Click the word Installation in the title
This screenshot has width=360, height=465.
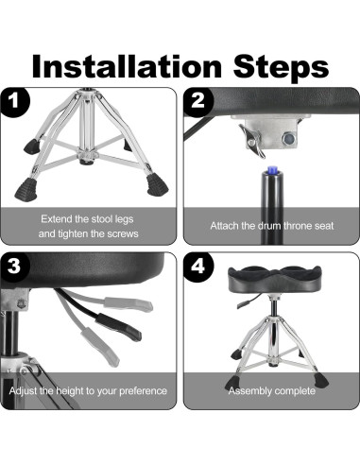127,66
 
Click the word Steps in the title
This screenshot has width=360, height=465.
281,67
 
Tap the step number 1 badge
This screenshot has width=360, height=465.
14,102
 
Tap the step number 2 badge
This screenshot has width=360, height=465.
198,102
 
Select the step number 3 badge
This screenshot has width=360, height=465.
14,267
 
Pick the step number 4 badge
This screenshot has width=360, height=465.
198,267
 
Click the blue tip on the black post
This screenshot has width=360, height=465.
271,170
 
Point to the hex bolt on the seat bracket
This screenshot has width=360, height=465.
288,138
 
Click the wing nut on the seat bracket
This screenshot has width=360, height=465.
253,141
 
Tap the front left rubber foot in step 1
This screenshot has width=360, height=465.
26,190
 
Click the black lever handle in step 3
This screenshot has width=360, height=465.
119,327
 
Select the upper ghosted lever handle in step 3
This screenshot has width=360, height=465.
129,304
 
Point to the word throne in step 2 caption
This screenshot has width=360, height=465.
296,226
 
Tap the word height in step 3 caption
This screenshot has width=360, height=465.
70,391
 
